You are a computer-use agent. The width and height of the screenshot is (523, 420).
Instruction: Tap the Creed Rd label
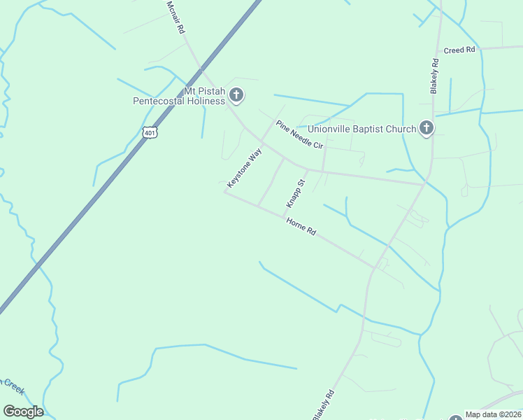click(x=459, y=50)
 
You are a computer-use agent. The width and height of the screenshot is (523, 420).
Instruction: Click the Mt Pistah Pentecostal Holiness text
click(x=179, y=96)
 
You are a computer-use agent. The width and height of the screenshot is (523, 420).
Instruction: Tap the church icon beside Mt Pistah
click(x=236, y=95)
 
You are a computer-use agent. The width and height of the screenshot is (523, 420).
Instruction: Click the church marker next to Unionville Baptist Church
click(x=427, y=128)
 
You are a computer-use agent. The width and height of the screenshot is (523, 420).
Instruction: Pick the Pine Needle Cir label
click(x=299, y=134)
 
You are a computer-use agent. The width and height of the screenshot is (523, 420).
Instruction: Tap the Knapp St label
click(x=296, y=193)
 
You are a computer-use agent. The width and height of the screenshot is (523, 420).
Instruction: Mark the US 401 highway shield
click(x=150, y=132)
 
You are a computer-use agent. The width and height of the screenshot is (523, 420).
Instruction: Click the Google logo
click(x=23, y=412)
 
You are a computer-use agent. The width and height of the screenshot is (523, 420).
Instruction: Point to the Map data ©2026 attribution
click(x=494, y=414)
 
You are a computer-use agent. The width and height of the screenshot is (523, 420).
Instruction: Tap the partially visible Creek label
click(x=10, y=384)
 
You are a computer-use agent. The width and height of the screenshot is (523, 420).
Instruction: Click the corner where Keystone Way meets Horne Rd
click(x=224, y=192)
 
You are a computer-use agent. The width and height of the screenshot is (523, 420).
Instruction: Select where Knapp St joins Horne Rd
click(x=283, y=216)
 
